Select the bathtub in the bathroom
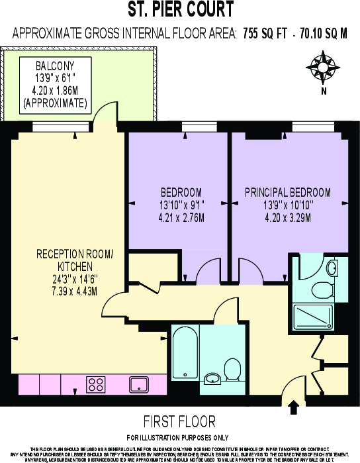(183, 358)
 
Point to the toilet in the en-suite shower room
(323, 289)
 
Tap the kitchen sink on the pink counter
(139, 384)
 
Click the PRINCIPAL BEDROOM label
(287, 193)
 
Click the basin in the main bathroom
(213, 378)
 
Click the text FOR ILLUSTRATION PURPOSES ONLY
(178, 438)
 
